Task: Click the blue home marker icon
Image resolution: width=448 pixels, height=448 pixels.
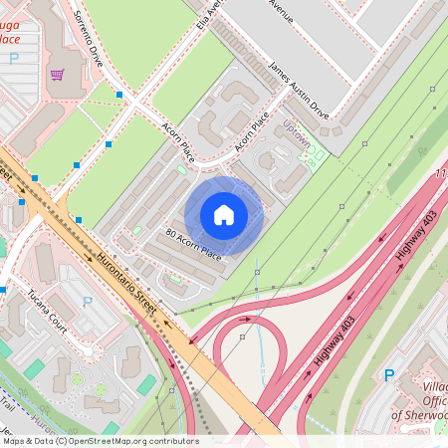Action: coord(224,215)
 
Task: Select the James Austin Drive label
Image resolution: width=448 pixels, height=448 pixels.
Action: coord(299,90)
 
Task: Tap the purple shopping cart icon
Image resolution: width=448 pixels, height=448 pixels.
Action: coord(58,75)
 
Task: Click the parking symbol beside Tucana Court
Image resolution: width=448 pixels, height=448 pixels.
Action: coord(87,302)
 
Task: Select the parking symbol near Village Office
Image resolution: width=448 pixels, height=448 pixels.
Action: coord(389,375)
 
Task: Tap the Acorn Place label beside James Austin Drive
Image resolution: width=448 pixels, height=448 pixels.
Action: coord(253,135)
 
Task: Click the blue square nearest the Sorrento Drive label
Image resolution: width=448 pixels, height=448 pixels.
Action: coord(119,94)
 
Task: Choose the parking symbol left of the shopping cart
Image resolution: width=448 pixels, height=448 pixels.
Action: coord(14,59)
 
